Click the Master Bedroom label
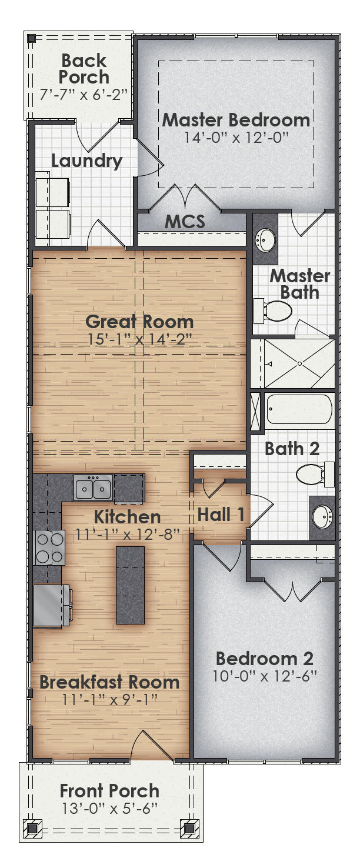coord(236,120)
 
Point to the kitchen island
coord(130,585)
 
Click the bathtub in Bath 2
coord(299,409)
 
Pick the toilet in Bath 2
coord(314,473)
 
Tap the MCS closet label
coord(185,222)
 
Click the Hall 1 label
coord(221,515)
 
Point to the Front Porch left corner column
coord(32,829)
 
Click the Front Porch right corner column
coord(189,829)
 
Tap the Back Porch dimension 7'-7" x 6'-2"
coord(84,93)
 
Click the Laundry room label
coord(86,161)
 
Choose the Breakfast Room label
coord(109,682)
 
